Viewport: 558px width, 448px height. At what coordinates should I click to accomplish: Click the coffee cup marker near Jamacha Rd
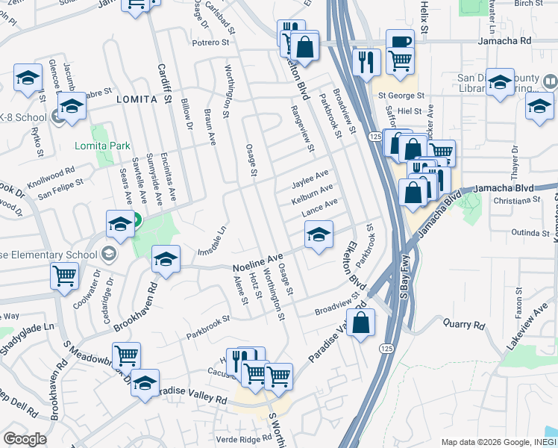pyautogui.click(x=400, y=42)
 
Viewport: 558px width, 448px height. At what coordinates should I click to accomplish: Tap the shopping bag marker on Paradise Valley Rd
pyautogui.click(x=360, y=323)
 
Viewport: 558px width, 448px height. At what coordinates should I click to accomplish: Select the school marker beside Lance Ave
pyautogui.click(x=319, y=235)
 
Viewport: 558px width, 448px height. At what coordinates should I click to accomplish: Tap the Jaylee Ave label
pyautogui.click(x=311, y=176)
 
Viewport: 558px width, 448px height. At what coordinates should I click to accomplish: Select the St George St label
pyautogui.click(x=401, y=96)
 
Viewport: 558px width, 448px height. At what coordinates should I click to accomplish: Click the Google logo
pyautogui.click(x=25, y=438)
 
